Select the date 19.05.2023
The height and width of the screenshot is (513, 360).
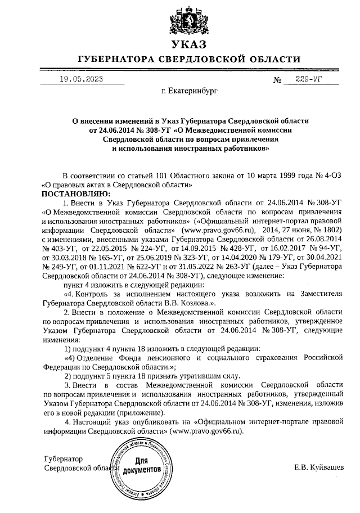[x=82, y=79]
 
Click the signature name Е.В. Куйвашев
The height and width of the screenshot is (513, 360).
[x=319, y=467]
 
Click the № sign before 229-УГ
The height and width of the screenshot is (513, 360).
[x=277, y=80]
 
